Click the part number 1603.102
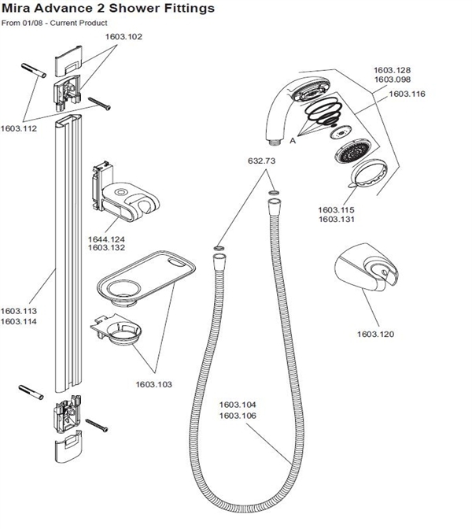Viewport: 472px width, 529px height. pos(124,36)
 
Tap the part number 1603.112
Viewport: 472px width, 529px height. pos(19,128)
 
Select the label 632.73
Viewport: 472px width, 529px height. pos(262,161)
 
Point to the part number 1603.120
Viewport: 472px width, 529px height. pos(375,334)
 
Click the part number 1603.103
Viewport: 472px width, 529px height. pos(153,384)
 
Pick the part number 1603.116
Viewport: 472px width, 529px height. pos(407,94)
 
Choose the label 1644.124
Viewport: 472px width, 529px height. pos(106,239)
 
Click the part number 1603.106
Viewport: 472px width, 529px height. pos(238,416)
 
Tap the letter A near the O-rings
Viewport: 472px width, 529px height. pos(293,140)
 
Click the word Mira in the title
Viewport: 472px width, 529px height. pos(16,8)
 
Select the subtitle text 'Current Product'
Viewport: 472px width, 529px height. pos(79,23)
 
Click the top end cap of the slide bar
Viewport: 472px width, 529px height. pos(68,60)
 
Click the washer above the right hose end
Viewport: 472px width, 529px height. pos(274,193)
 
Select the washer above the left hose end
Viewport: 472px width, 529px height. pos(219,249)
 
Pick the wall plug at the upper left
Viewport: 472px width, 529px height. pos(34,71)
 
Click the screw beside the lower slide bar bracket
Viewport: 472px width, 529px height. pos(97,425)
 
